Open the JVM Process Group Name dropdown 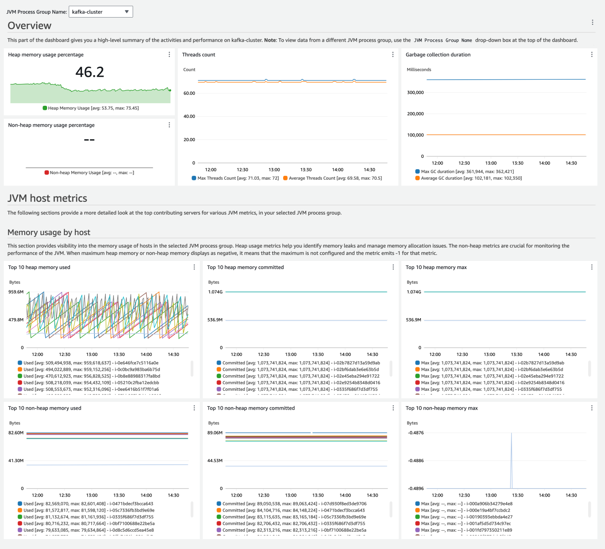(101, 12)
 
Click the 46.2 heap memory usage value (89, 72)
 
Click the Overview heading (29, 26)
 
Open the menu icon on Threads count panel (393, 55)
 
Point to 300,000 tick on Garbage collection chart (415, 92)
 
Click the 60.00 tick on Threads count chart (189, 93)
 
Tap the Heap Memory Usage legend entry (93, 108)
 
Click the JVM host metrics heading (47, 198)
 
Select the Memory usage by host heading (49, 232)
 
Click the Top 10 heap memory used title (39, 267)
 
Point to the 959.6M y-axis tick (16, 292)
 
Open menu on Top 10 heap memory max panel (592, 267)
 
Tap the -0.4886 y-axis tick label (416, 460)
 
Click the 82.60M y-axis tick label (16, 433)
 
